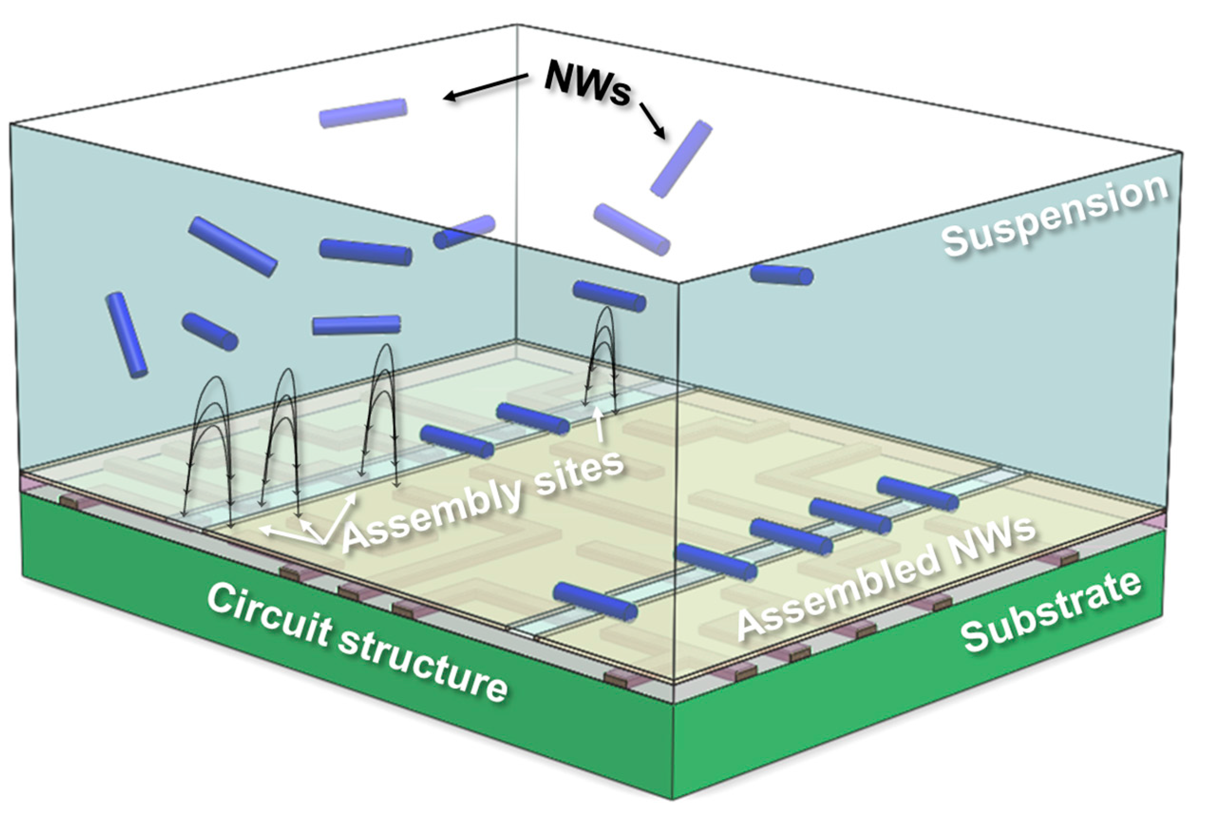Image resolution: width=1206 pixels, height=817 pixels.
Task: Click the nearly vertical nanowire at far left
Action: pyautogui.click(x=126, y=334)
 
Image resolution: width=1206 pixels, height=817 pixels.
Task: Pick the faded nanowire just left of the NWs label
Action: pyautogui.click(x=363, y=113)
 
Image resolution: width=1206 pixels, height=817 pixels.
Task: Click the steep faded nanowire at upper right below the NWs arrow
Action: pyautogui.click(x=680, y=158)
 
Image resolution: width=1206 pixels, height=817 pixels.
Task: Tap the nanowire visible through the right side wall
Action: pyautogui.click(x=781, y=275)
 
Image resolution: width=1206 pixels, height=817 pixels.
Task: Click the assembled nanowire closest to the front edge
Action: pyautogui.click(x=595, y=600)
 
